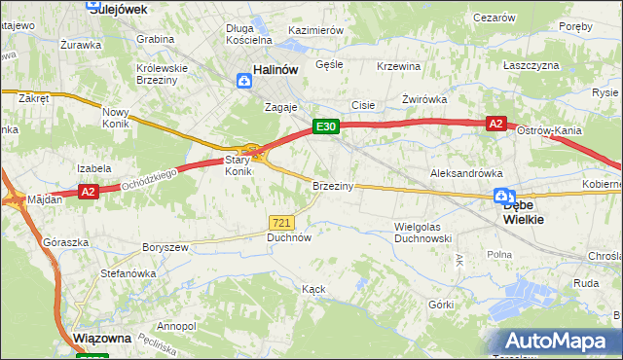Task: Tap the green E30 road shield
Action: point(325,126)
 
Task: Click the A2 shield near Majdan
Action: point(88,192)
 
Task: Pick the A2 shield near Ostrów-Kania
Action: point(496,124)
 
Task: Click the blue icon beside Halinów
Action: point(242,82)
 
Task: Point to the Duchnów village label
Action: point(289,236)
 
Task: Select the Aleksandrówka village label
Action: point(466,172)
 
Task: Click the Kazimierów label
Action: point(316,30)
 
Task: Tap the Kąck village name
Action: point(313,289)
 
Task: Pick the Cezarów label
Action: point(494,18)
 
